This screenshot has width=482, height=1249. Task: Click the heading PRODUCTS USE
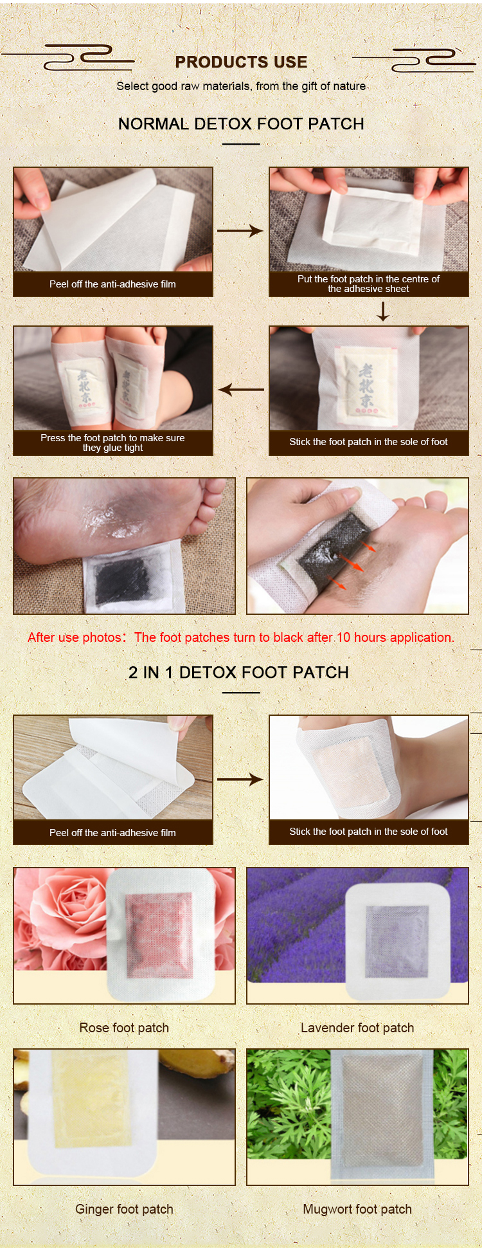coord(241,62)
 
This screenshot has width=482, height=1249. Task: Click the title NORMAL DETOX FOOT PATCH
coord(241,123)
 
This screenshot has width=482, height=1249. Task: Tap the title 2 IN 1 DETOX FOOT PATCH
coord(238,672)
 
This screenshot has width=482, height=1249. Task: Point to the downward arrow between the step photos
coord(383,311)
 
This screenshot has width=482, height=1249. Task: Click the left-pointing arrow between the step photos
coord(241,389)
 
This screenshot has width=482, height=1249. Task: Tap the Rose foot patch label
coord(124,1028)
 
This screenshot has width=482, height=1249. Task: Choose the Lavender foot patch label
coord(357,1028)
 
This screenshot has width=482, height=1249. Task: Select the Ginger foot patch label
coord(124,1209)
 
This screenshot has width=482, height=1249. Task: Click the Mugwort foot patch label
coord(357,1209)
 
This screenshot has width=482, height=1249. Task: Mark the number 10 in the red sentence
coord(343,637)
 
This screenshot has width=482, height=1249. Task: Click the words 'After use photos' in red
coord(75,637)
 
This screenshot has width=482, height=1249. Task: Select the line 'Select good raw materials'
coord(241,86)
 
